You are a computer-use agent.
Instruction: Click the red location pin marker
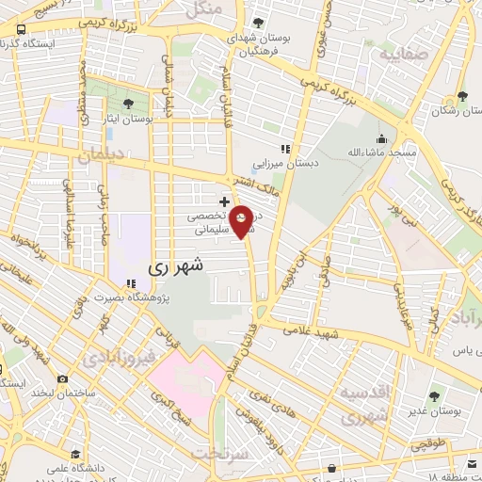[242, 221]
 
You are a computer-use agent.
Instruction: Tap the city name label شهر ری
[175, 267]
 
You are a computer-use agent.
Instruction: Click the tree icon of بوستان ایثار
[128, 104]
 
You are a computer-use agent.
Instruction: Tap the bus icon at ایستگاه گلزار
[22, 30]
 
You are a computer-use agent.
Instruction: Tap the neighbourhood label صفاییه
[405, 54]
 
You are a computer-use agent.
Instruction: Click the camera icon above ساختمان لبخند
[62, 379]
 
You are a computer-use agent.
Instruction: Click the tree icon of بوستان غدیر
[433, 396]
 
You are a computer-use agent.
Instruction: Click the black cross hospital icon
[223, 201]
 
